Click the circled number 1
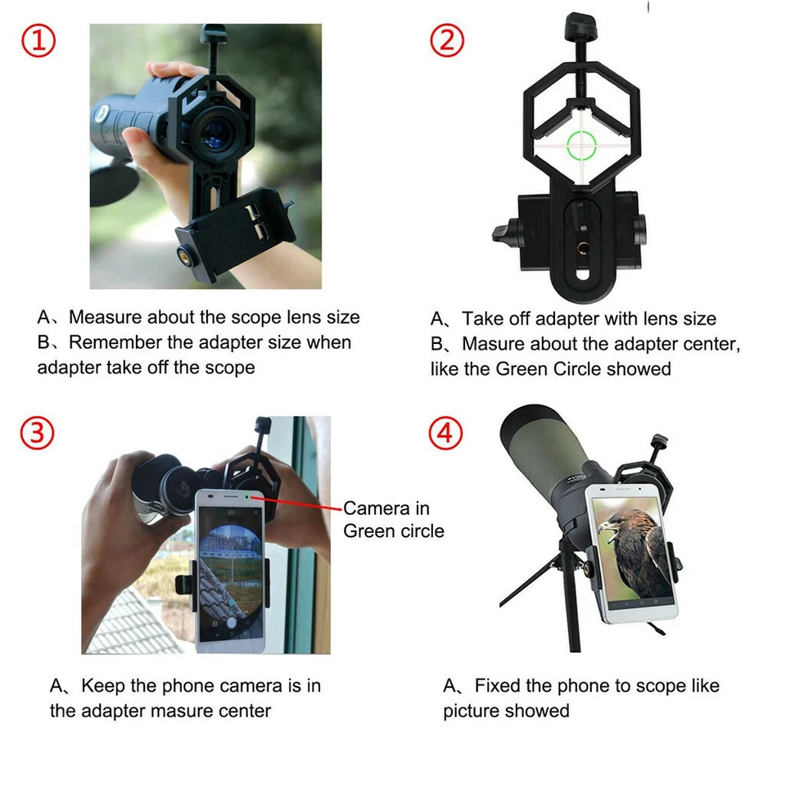point(38,40)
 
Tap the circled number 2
point(447,40)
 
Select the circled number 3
point(38,433)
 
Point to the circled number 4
point(446,433)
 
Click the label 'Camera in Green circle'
point(393,519)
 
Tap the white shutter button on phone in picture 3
point(231,622)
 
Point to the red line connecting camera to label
point(299,504)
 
